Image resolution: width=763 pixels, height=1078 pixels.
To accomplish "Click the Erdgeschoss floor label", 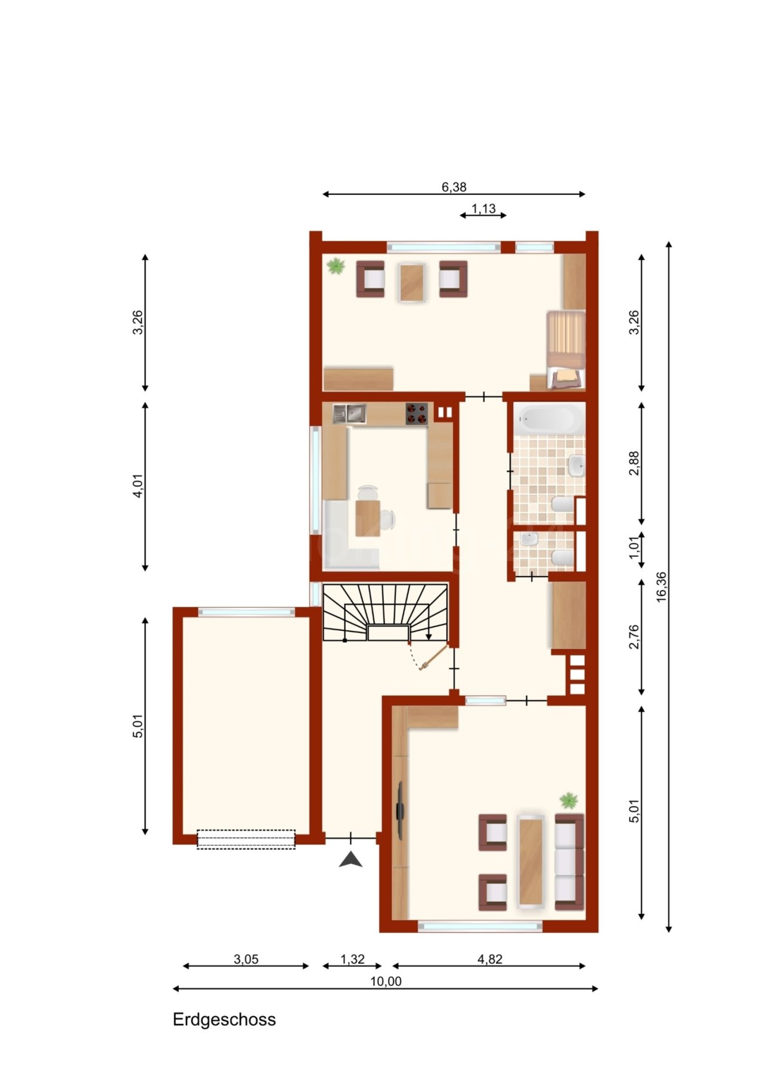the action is pyautogui.click(x=224, y=1020).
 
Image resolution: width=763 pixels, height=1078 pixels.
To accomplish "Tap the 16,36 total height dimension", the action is pyautogui.click(x=662, y=587).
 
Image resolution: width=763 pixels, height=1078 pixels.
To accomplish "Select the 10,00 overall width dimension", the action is pyautogui.click(x=386, y=982).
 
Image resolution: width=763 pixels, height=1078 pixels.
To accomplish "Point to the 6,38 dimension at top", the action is pyautogui.click(x=454, y=187).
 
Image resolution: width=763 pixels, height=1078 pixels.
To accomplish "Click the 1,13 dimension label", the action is pyautogui.click(x=483, y=208).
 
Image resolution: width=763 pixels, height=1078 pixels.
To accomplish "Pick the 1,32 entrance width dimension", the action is pyautogui.click(x=352, y=959).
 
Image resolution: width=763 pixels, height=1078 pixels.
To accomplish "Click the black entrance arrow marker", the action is pyautogui.click(x=351, y=859).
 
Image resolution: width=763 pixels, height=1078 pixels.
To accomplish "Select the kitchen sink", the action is pyautogui.click(x=349, y=413).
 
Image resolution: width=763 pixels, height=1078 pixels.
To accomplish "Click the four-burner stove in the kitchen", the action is pyautogui.click(x=417, y=413).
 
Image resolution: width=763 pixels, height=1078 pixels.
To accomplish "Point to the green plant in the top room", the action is pyautogui.click(x=336, y=266).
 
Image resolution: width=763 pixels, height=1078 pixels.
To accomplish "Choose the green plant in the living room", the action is pyautogui.click(x=569, y=800).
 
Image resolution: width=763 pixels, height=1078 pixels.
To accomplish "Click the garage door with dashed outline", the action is pyautogui.click(x=246, y=839).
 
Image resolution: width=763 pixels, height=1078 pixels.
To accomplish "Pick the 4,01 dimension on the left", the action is pyautogui.click(x=138, y=485).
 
